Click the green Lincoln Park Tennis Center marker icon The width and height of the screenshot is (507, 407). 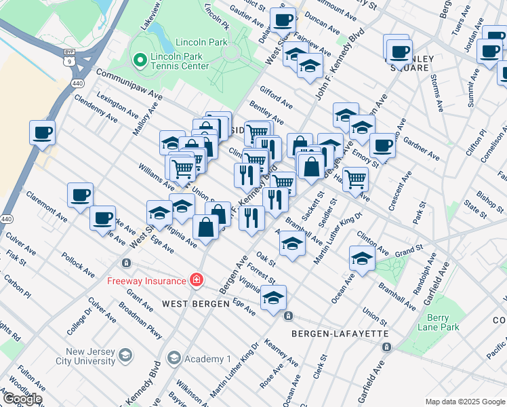(140, 60)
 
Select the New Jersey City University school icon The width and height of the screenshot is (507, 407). (125, 355)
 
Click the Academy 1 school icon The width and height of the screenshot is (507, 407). (174, 358)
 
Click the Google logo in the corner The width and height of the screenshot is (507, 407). (22, 398)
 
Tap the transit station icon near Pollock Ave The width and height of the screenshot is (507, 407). (125, 263)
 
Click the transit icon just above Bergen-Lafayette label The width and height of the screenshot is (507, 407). (288, 316)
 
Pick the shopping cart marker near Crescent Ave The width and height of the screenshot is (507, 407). (355, 178)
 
